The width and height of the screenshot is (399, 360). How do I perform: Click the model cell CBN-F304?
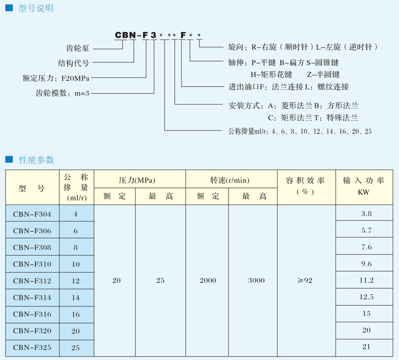click(x=32, y=214)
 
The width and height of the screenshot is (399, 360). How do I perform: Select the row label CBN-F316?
click(x=32, y=314)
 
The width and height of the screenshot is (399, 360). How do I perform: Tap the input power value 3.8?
click(x=366, y=214)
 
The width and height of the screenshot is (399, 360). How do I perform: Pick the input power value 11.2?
click(x=367, y=280)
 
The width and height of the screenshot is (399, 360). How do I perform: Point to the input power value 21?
click(x=366, y=346)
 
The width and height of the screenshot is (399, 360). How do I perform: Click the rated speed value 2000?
click(x=208, y=280)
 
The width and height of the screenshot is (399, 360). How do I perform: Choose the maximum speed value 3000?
click(x=256, y=280)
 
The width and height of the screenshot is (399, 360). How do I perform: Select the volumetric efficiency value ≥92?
click(x=305, y=280)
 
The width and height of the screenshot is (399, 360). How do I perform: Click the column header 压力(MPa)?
click(x=137, y=180)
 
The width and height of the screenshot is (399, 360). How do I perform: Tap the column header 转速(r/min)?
click(x=230, y=180)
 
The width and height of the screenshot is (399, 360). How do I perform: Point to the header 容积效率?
click(x=305, y=181)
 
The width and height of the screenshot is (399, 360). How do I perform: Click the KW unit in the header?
click(x=364, y=192)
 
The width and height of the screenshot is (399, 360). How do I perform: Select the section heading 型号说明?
click(x=35, y=9)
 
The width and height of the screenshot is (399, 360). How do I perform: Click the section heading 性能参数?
click(x=36, y=160)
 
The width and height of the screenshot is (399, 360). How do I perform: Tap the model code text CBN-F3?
click(x=136, y=35)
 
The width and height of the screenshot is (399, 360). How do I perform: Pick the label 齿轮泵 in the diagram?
click(x=78, y=48)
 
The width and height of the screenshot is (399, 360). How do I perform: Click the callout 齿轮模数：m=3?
click(x=62, y=93)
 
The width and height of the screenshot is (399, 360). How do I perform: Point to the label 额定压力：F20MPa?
click(x=56, y=78)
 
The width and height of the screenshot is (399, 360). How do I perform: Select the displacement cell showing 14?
click(x=76, y=298)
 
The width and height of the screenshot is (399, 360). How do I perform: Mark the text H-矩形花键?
click(x=271, y=75)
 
